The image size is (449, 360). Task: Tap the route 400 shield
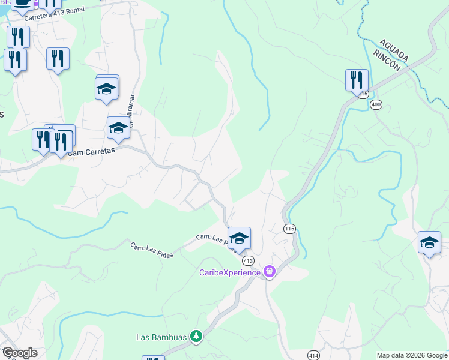(376, 104)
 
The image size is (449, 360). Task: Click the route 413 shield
(248, 261)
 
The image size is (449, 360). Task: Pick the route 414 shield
(313, 355)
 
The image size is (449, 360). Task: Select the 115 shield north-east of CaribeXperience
(290, 229)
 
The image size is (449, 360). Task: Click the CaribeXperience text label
(230, 272)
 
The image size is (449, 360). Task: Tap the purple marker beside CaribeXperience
(270, 272)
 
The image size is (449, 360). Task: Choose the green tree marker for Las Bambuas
(196, 336)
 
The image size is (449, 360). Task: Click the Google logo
(19, 353)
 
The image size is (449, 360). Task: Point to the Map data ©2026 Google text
(412, 355)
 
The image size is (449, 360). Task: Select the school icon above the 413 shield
(239, 238)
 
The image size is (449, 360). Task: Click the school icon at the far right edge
(429, 242)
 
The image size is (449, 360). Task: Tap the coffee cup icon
(23, 4)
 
